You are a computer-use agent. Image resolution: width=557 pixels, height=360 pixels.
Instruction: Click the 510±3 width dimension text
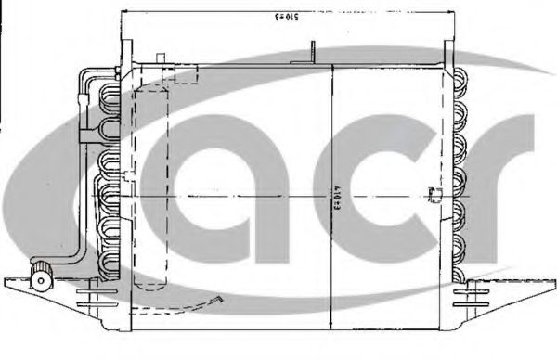288,17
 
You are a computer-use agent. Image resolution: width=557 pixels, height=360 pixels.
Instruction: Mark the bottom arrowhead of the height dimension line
332,312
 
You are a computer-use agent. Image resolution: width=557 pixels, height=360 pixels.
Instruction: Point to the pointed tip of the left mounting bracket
6,280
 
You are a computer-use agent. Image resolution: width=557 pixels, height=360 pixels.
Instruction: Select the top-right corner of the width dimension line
454,14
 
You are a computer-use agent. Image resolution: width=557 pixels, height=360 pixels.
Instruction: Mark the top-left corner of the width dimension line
121,14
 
